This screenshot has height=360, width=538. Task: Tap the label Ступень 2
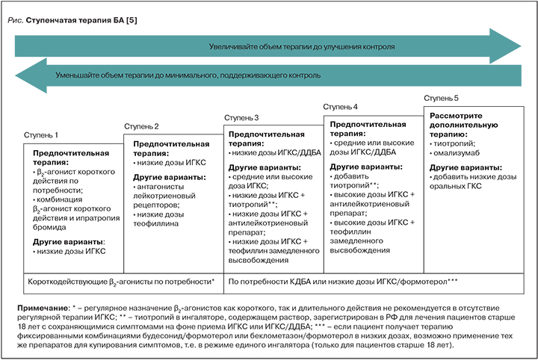coord(141,125)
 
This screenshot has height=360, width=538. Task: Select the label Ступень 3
coord(241,117)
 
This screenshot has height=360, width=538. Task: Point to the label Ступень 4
coord(341,108)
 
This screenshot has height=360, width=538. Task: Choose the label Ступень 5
coord(442,98)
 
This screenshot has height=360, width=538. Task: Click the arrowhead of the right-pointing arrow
coord(513,45)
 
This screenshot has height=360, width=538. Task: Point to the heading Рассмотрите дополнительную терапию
coord(462,123)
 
